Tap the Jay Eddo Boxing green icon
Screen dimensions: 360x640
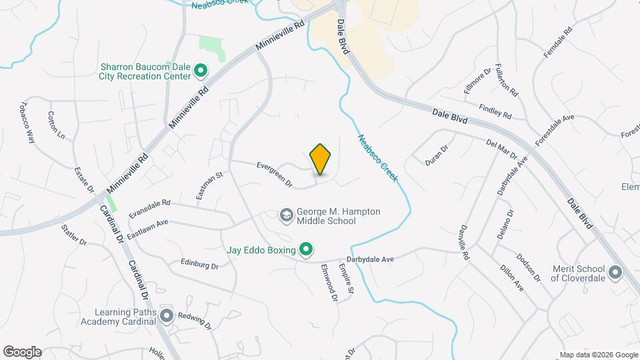coord(306,250)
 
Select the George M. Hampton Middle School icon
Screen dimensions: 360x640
coord(286,215)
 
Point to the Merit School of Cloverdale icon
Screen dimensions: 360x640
coord(615,272)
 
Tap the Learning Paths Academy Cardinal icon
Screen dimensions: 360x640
coord(166,315)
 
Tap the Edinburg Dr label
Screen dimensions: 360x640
coord(199,265)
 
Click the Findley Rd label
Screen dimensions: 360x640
coord(494,111)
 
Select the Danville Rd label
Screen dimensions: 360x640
coord(464,241)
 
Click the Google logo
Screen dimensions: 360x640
coord(22,352)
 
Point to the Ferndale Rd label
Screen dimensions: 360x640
coord(558,42)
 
